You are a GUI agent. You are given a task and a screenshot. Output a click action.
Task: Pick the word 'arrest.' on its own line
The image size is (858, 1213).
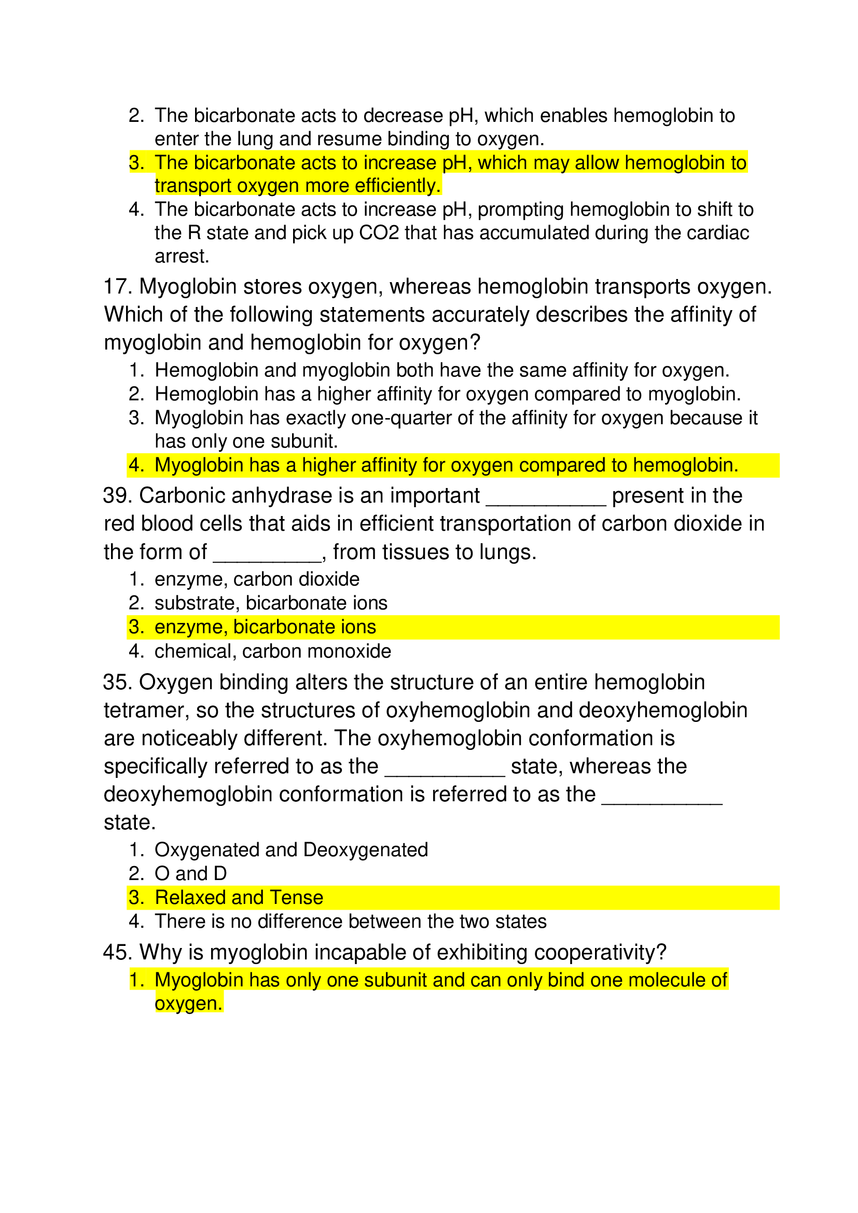point(182,257)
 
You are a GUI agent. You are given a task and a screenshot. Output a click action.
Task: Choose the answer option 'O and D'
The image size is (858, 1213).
point(190,874)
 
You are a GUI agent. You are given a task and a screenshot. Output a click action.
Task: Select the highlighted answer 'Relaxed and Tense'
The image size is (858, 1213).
point(239,898)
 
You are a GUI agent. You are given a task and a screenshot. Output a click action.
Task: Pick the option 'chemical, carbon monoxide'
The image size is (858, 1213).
point(273,651)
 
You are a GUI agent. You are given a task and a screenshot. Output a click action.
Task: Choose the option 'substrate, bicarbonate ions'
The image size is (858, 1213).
point(270,603)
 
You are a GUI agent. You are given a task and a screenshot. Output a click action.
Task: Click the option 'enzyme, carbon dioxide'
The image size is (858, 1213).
point(257,580)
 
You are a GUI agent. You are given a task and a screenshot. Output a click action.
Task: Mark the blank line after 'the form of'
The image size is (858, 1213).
point(267,558)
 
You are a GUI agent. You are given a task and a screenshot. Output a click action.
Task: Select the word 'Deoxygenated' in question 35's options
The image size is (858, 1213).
point(366,850)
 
